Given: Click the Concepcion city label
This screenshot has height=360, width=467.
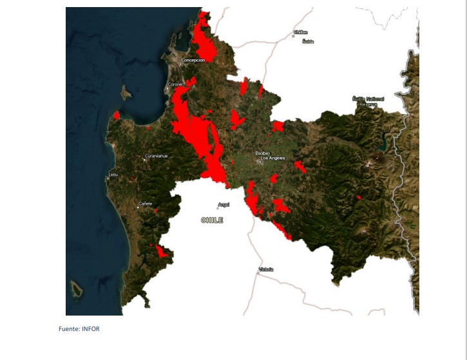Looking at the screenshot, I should [193, 60].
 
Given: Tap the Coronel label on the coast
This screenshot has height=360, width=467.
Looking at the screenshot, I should [175, 84].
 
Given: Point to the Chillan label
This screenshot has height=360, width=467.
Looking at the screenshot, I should [300, 32].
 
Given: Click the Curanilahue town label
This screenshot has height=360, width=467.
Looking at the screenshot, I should [156, 156].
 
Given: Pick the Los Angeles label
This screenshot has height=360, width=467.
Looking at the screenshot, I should [272, 158].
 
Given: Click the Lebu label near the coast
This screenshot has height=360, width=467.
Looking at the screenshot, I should [113, 175].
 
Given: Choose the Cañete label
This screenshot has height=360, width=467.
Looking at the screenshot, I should [145, 204].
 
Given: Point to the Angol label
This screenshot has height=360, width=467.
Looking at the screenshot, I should [224, 205].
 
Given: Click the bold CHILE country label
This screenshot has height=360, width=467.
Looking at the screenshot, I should [212, 220].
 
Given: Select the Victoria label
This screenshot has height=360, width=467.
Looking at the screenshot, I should [266, 269].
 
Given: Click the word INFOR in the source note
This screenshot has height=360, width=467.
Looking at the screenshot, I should [91, 329].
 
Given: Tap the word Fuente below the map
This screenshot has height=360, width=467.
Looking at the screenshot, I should [68, 329].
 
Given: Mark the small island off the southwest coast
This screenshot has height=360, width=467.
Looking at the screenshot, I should [76, 290].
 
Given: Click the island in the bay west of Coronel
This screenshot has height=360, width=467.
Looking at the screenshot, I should [126, 93].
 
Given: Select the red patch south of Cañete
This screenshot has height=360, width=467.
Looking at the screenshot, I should [161, 252].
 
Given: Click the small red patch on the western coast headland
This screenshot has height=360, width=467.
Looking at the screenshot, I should [117, 116].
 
